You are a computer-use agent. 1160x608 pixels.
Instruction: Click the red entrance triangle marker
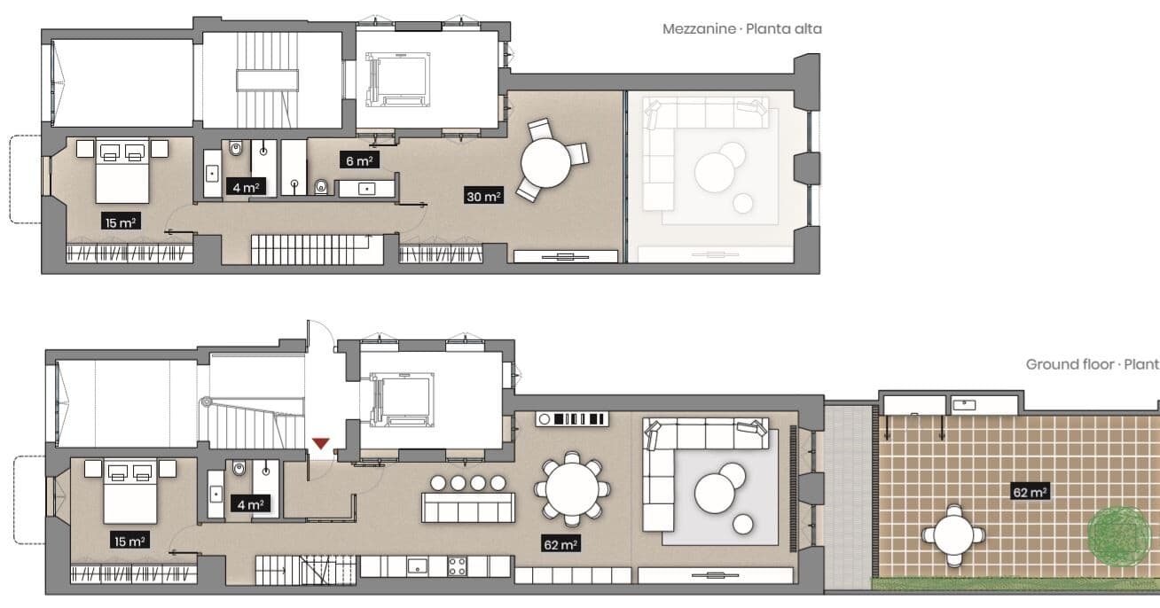320,443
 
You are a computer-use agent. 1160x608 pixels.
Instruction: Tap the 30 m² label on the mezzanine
483,196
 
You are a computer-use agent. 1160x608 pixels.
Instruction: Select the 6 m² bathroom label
359,160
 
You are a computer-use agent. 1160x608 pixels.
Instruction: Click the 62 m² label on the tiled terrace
1030,492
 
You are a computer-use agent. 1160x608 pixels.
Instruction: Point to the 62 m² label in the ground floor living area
560,544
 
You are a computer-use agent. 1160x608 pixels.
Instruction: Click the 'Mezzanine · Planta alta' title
741,29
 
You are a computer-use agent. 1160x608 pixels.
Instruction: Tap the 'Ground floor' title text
1070,364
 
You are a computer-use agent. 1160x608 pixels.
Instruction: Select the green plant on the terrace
1113,535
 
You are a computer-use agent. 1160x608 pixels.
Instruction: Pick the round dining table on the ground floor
572,489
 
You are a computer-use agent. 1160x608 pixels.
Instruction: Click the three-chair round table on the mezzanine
550,160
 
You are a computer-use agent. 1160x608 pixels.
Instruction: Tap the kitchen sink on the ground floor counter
417,565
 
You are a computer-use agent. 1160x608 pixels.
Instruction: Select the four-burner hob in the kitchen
458,566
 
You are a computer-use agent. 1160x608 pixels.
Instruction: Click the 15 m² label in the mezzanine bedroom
121,222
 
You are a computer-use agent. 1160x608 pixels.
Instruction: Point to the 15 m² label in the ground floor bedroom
129,541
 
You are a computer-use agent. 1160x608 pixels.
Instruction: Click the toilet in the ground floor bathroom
239,468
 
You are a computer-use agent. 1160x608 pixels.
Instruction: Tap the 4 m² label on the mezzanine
246,187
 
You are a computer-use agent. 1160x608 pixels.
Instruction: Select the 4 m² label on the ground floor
251,504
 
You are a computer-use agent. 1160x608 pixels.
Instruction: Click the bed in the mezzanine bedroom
122,171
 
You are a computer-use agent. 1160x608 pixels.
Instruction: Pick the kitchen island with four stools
468,498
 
